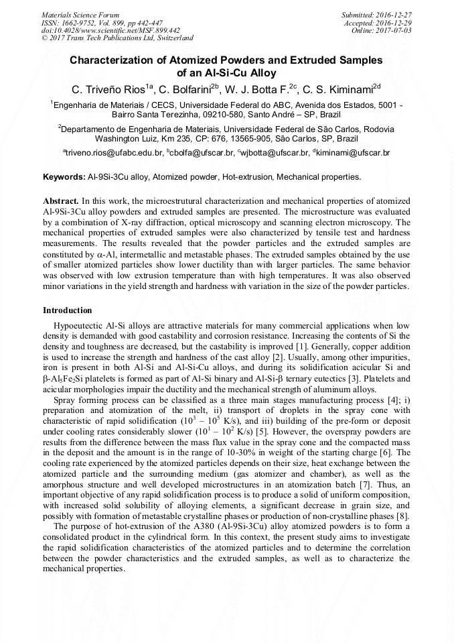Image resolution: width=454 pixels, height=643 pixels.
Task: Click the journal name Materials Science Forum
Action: (x=80, y=15)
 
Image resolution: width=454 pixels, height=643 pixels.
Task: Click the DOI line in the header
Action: (x=110, y=30)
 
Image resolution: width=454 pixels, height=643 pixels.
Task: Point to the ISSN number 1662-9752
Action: (x=81, y=23)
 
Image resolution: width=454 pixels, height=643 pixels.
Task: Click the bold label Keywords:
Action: (x=64, y=178)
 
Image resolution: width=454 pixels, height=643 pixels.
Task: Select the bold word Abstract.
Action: (x=60, y=200)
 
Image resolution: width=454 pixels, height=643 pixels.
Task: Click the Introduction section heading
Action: (x=68, y=310)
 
